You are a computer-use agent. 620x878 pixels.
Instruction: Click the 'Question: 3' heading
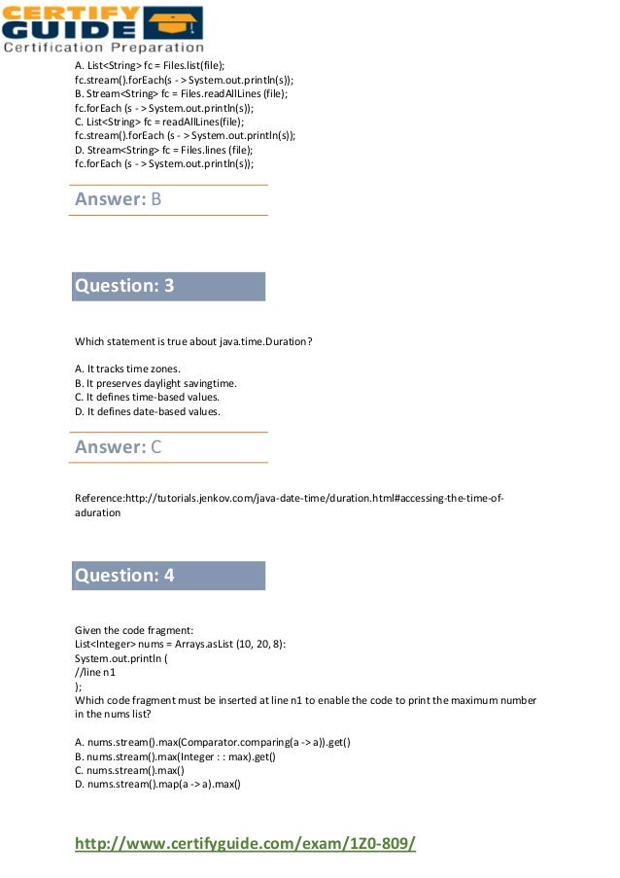[124, 286]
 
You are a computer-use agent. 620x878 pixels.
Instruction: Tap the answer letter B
[155, 199]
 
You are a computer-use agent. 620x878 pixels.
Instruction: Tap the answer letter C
[155, 447]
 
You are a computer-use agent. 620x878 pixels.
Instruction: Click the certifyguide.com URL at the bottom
[245, 843]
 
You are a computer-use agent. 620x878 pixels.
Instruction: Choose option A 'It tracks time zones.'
[127, 369]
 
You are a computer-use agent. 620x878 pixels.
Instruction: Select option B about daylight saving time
[155, 383]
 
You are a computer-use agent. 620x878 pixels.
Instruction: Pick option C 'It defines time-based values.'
[147, 397]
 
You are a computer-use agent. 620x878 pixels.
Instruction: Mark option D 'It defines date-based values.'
[147, 411]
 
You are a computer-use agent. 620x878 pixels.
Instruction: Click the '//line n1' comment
[97, 671]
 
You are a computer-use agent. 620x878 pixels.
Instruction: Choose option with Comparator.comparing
[213, 743]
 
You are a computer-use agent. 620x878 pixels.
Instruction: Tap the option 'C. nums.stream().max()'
[129, 770]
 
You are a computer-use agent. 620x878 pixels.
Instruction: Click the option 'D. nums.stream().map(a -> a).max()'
[157, 785]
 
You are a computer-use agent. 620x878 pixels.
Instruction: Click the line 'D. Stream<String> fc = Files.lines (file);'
[163, 151]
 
